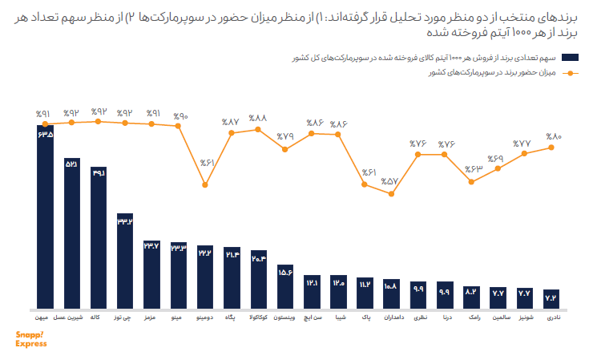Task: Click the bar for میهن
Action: (45, 216)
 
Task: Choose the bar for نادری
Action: (551, 298)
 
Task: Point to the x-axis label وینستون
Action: (284, 318)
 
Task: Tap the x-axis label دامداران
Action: (391, 318)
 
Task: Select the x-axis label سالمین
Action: (498, 318)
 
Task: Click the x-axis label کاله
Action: (99, 318)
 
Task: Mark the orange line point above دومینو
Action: (205, 185)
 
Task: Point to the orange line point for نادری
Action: (551, 148)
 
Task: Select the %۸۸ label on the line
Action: (258, 117)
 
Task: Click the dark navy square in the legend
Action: (571, 58)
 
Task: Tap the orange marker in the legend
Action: (570, 73)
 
